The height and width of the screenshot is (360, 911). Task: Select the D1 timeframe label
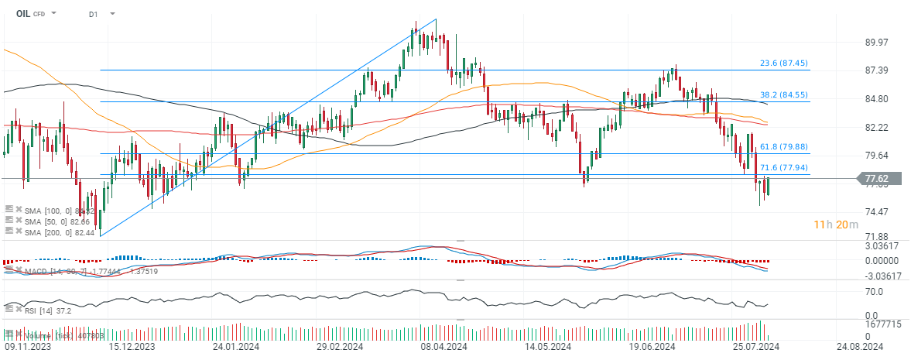[93, 14]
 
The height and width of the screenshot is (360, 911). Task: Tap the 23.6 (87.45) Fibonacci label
[783, 63]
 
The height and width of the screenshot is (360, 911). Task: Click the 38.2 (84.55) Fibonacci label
[783, 95]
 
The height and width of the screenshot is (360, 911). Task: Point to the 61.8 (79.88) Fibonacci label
[783, 146]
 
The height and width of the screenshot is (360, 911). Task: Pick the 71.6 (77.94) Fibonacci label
[783, 167]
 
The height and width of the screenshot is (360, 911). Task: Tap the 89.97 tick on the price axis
[876, 43]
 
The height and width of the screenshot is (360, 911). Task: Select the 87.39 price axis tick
[876, 70]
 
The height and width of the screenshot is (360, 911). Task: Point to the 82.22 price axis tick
[876, 127]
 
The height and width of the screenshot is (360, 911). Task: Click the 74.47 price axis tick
[876, 212]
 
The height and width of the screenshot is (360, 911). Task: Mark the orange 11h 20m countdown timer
[834, 225]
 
